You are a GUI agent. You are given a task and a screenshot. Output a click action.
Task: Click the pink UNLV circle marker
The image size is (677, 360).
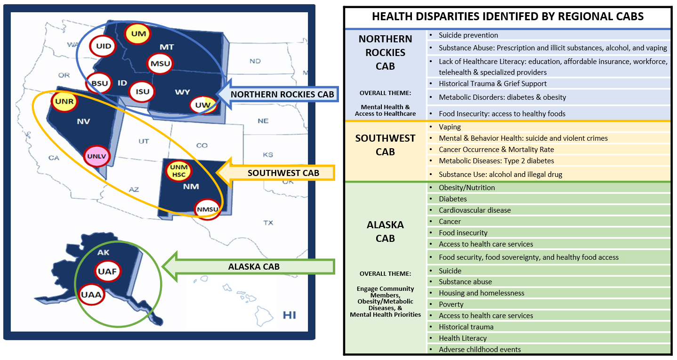pyautogui.click(x=97, y=156)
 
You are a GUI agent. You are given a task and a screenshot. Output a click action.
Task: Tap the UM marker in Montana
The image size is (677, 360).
pyautogui.click(x=138, y=33)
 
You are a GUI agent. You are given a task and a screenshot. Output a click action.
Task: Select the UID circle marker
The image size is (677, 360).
pyautogui.click(x=103, y=46)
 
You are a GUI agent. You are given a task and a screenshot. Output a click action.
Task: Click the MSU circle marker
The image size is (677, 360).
pyautogui.click(x=160, y=64)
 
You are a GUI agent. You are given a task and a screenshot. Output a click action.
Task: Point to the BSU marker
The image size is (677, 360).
pyautogui.click(x=99, y=83)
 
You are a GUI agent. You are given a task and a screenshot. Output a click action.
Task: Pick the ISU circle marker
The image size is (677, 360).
pyautogui.click(x=142, y=91)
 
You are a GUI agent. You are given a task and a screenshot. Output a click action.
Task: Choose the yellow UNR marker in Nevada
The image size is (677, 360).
pyautogui.click(x=64, y=101)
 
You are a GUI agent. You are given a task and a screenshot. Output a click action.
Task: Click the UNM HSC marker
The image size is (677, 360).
pyautogui.click(x=178, y=171)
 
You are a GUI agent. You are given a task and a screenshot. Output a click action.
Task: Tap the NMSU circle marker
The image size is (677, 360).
pyautogui.click(x=208, y=209)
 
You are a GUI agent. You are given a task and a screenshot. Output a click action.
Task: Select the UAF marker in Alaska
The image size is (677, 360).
pyautogui.click(x=108, y=271)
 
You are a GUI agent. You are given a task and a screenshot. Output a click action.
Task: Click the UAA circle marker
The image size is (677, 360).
pyautogui.click(x=91, y=295)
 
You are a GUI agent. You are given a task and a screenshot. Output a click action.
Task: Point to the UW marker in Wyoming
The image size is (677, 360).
pyautogui.click(x=203, y=105)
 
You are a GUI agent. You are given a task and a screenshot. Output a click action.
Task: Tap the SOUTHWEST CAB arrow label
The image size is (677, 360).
pyautogui.click(x=275, y=173)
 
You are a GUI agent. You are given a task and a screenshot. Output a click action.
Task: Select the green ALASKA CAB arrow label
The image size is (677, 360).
pyautogui.click(x=249, y=267)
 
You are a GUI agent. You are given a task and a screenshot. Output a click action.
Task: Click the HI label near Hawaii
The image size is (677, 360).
pyautogui.click(x=289, y=315)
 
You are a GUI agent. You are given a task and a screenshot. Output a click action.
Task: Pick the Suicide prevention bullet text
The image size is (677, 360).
pyautogui.click(x=468, y=35)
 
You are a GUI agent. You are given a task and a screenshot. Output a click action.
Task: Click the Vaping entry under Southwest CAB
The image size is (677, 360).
pyautogui.click(x=450, y=127)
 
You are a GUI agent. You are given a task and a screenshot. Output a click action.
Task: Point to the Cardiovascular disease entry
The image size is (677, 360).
pyautogui.click(x=475, y=210)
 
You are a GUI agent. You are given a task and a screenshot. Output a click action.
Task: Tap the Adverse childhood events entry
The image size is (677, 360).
pyautogui.click(x=480, y=350)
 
